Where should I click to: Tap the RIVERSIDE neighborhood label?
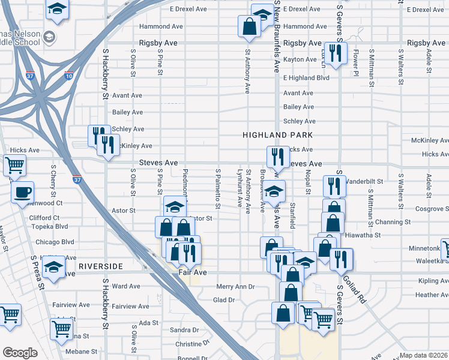coord(100,266)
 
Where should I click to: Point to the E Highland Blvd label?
coord(306,78)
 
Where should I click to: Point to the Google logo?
coord(19,352)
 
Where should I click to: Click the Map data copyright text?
coord(424,355)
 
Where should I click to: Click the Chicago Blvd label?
coord(56,242)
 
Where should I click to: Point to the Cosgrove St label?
coord(430,208)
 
